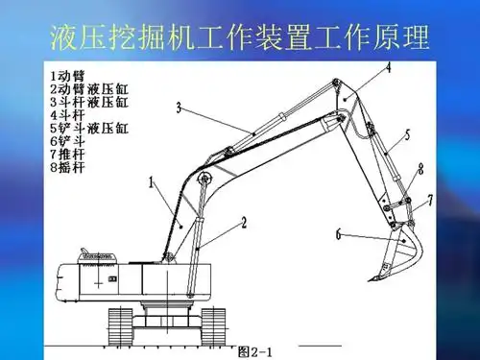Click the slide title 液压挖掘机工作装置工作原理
(238, 37)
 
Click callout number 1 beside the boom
(151, 181)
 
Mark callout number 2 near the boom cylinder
(244, 224)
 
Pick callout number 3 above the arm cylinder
(179, 108)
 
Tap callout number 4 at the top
(389, 68)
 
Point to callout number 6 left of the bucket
(339, 233)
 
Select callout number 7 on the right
(430, 200)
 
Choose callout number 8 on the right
(420, 170)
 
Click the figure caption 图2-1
(256, 350)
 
